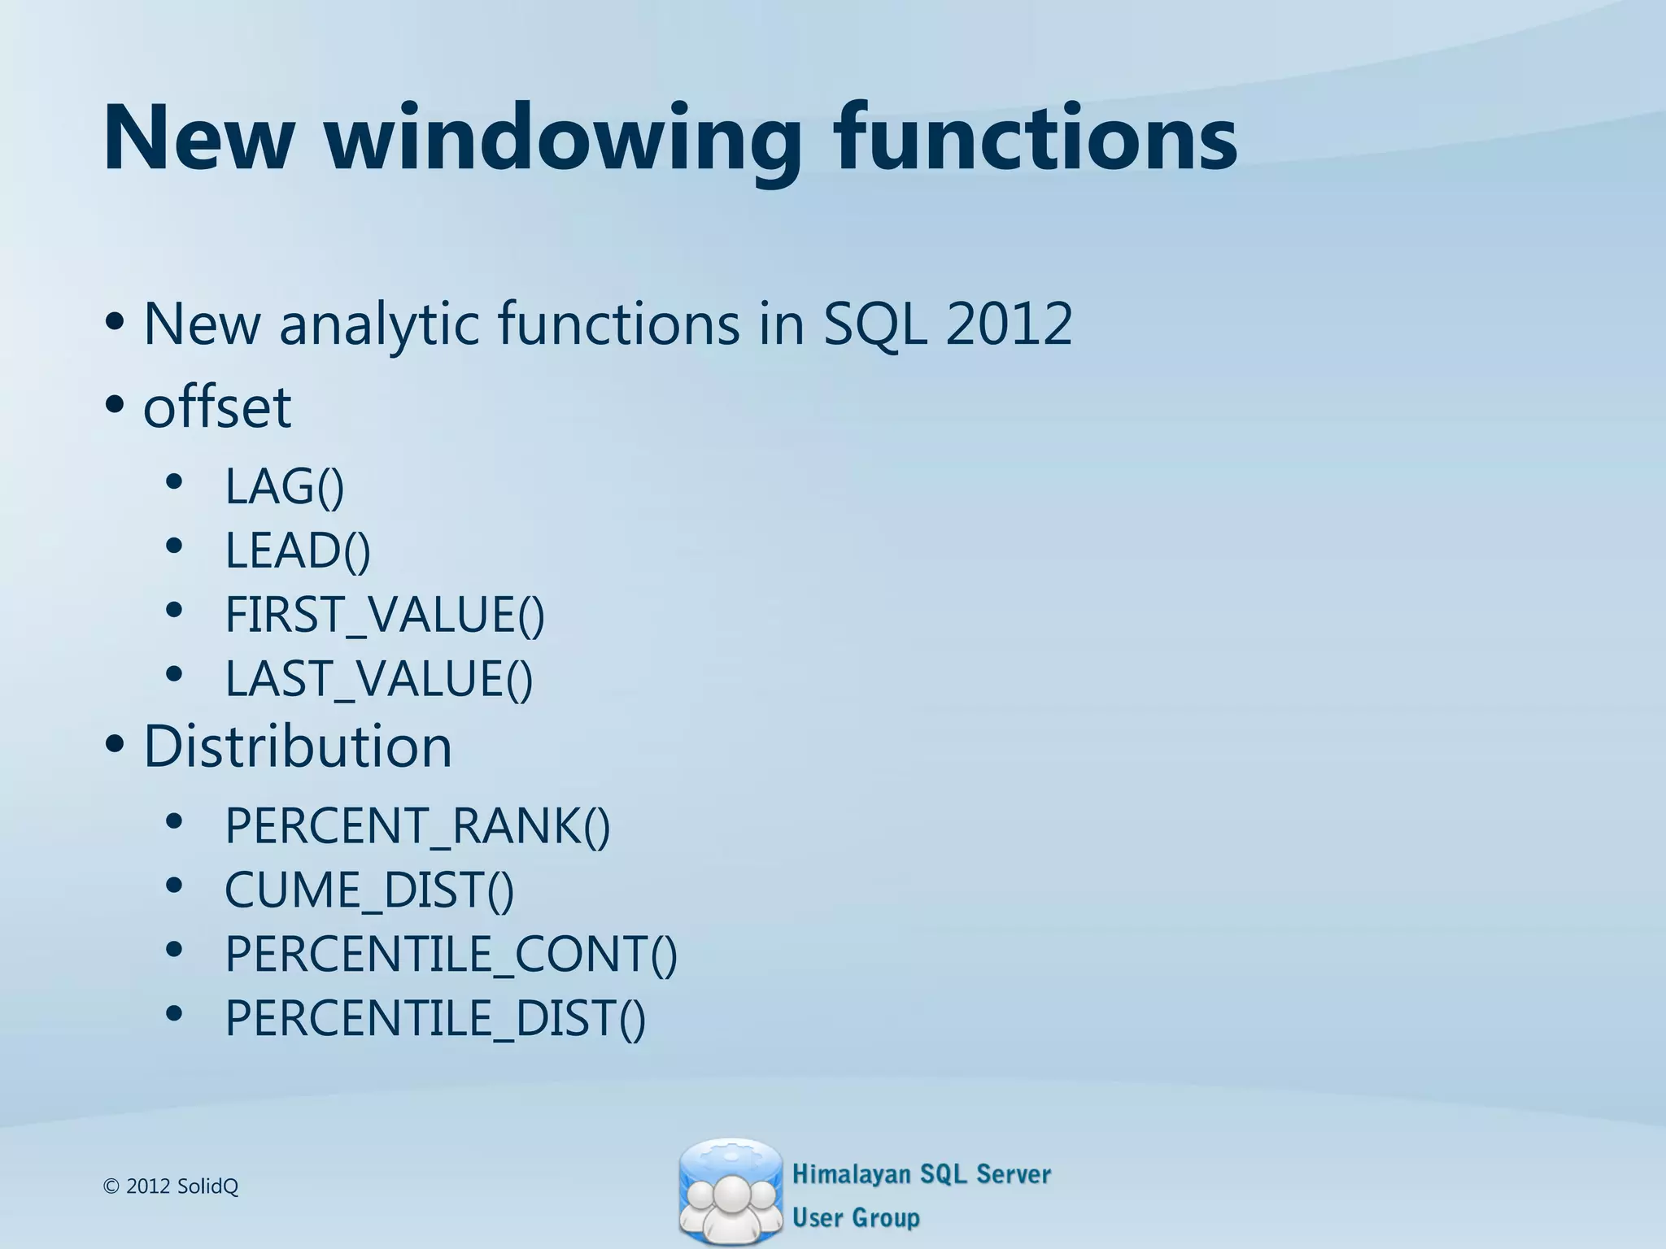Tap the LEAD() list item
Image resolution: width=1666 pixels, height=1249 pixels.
tap(298, 551)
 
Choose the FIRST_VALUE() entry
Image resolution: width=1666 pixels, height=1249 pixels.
tap(385, 615)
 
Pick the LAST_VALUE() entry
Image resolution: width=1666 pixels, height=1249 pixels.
tap(379, 679)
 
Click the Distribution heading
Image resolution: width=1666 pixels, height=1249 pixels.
tap(298, 746)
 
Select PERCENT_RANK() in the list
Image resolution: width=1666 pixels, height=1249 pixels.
tap(417, 826)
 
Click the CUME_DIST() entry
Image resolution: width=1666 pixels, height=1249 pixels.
tap(369, 890)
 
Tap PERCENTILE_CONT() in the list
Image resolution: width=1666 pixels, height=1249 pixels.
tap(451, 954)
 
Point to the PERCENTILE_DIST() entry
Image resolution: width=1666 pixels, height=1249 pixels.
tap(435, 1018)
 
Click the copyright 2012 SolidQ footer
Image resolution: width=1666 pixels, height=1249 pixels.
tap(172, 1186)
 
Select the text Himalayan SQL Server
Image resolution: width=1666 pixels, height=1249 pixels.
tap(921, 1174)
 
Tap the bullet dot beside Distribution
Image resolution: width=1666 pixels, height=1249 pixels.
tap(115, 743)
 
